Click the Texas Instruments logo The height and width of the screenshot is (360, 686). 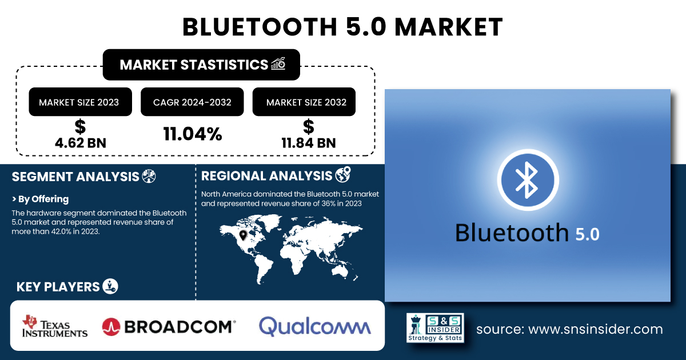click(55, 326)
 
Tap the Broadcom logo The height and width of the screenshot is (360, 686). click(169, 326)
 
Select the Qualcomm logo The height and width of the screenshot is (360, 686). click(315, 326)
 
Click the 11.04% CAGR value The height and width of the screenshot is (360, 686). click(193, 134)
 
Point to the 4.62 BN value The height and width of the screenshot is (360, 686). click(81, 143)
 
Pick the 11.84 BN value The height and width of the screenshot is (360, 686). click(309, 143)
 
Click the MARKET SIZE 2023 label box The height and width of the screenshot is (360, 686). click(80, 102)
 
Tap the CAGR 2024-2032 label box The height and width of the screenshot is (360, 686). click(192, 102)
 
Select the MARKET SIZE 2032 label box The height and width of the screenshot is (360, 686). click(304, 102)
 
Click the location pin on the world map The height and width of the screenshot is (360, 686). click(243, 235)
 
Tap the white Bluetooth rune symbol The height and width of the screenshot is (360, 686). click(527, 180)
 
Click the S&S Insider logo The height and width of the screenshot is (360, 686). click(435, 327)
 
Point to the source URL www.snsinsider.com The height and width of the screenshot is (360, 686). click(595, 329)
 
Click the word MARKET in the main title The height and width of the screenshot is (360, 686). click(448, 27)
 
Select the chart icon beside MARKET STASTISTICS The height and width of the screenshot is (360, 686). click(278, 63)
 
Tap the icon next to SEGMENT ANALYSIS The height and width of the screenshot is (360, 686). click(149, 177)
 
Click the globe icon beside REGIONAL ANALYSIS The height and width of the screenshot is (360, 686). click(343, 175)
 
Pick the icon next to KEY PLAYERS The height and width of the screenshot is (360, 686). click(110, 286)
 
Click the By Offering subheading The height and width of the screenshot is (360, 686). click(40, 199)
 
